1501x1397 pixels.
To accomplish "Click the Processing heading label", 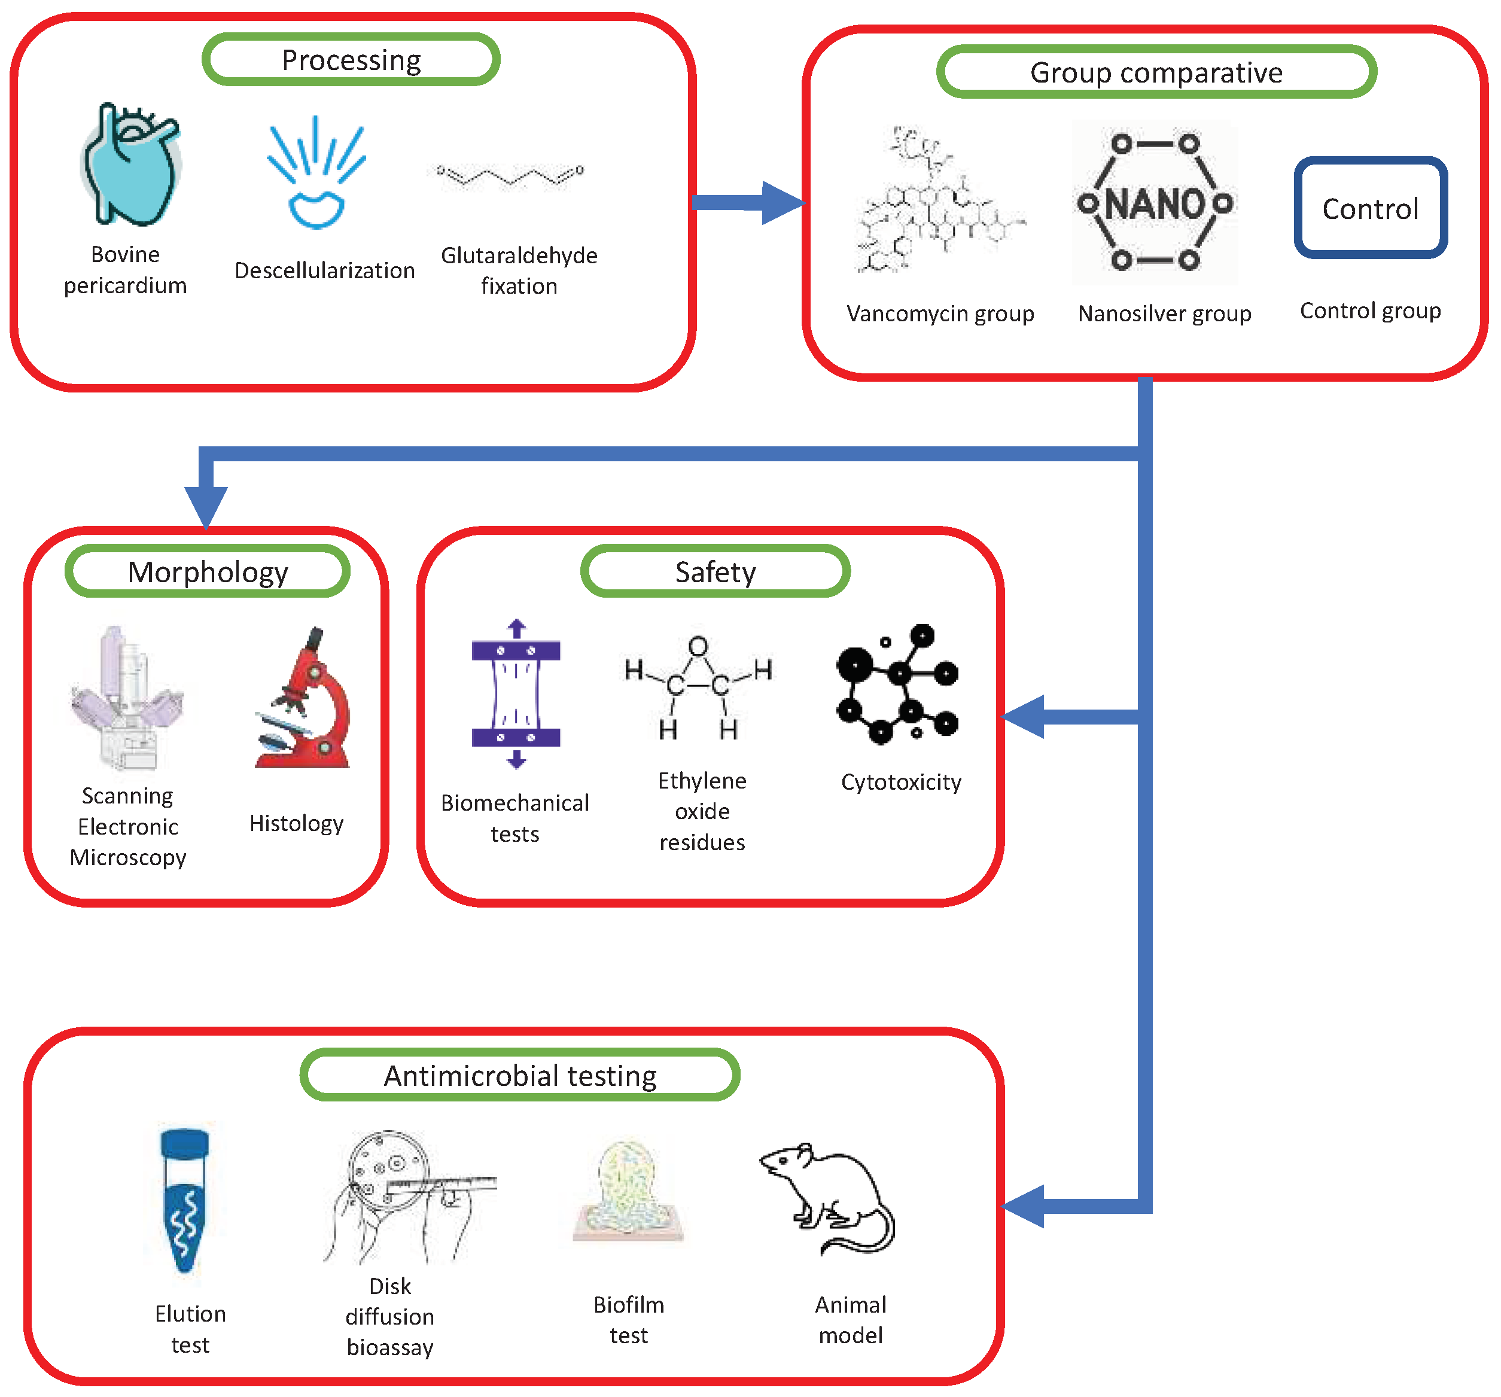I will (351, 60).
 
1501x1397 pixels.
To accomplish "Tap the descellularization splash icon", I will (317, 174).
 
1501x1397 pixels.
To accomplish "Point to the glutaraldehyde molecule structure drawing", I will (510, 175).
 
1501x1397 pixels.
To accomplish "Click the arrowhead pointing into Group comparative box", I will (781, 202).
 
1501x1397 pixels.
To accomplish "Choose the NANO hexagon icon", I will (1155, 202).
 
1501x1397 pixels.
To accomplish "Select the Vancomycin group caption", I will (939, 313).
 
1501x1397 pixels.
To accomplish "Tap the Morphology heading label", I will (208, 571).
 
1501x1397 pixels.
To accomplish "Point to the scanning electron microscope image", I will (126, 699).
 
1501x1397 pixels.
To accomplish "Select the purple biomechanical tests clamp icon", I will (516, 693).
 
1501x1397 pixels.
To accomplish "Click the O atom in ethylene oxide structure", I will (698, 646).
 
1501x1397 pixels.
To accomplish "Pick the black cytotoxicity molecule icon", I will (897, 683).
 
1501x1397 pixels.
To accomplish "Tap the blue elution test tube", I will (185, 1201).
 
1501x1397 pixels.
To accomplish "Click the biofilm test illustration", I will (628, 1193).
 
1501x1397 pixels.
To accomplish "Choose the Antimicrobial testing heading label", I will (519, 1075).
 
